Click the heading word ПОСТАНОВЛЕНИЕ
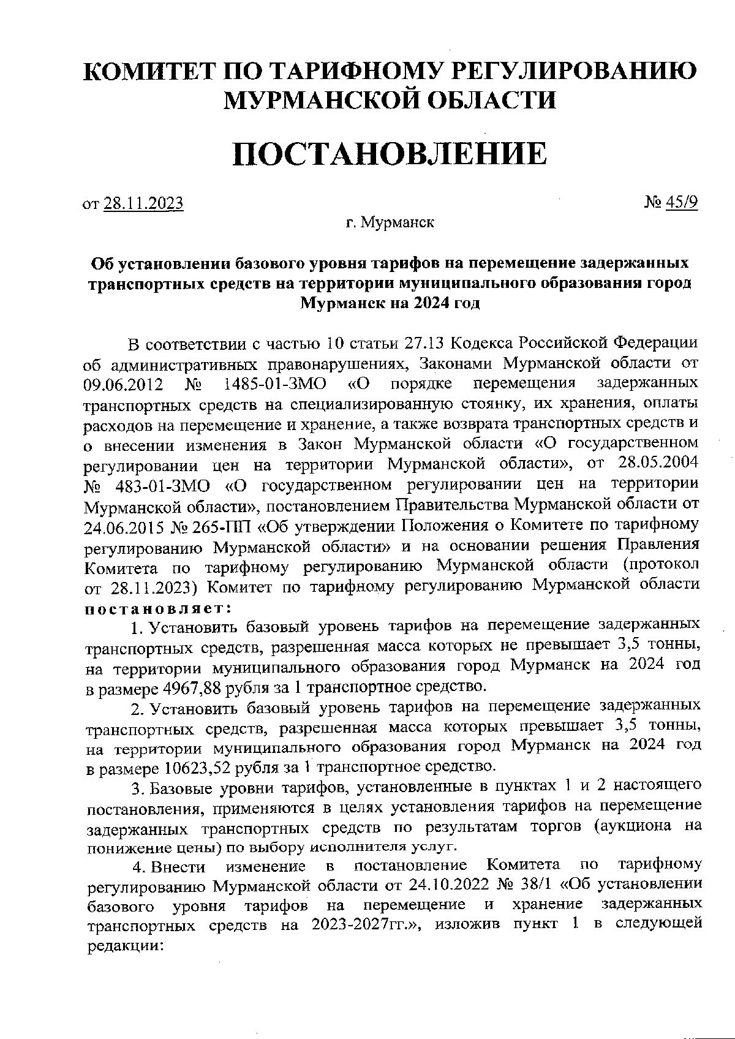coord(390,153)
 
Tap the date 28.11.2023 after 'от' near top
coord(143,203)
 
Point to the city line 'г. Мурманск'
coord(389,222)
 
